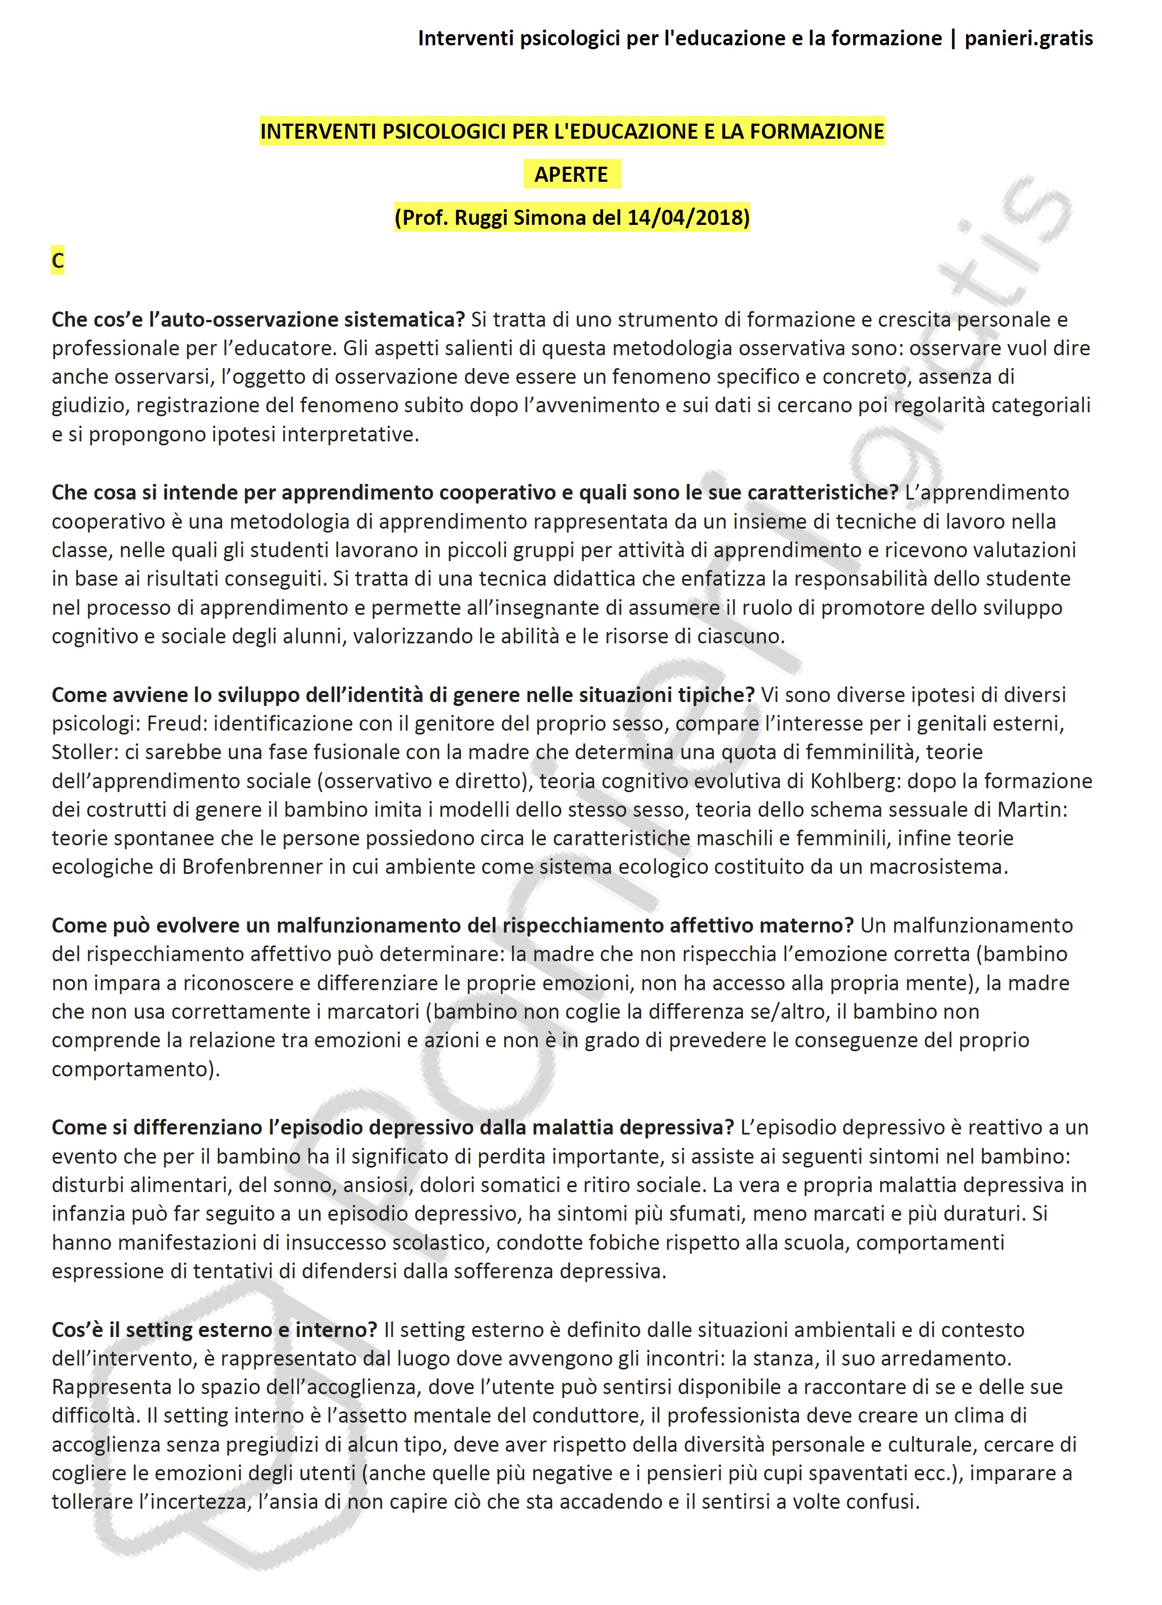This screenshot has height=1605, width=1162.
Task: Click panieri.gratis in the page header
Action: pyautogui.click(x=1028, y=38)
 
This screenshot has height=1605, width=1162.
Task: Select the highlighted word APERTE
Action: pyautogui.click(x=571, y=174)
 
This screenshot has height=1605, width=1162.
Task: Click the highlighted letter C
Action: pyautogui.click(x=58, y=261)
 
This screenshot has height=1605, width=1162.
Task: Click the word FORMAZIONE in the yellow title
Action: pyautogui.click(x=817, y=131)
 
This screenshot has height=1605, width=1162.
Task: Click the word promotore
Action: pyautogui.click(x=929, y=607)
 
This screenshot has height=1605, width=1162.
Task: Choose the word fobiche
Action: pyautogui.click(x=617, y=1242)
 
